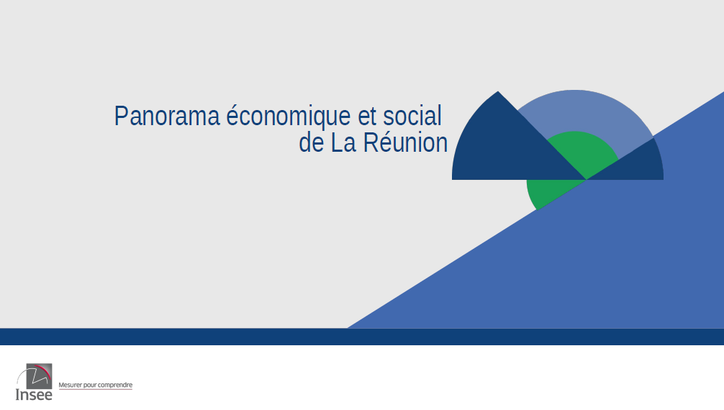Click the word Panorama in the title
tap(167, 116)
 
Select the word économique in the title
tap(288, 116)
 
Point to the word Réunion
tap(405, 142)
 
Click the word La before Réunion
tap(343, 142)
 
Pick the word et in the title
tap(368, 117)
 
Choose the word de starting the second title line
tap(311, 142)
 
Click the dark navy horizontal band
tap(362, 337)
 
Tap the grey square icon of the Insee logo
tap(40, 376)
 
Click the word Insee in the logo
tap(34, 395)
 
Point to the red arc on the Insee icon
tap(45, 370)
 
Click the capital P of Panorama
tap(120, 116)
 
